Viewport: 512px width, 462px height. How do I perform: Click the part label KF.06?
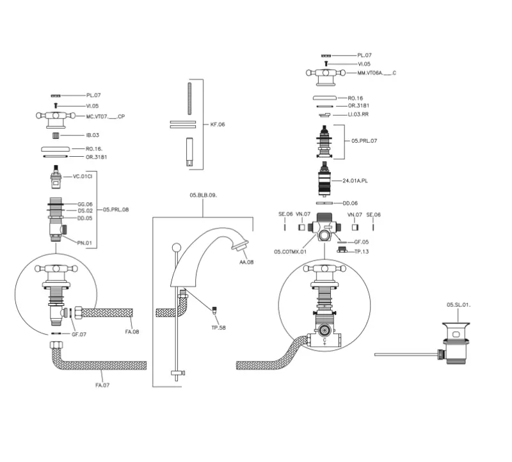(218, 124)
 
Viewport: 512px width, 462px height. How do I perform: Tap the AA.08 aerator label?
(246, 262)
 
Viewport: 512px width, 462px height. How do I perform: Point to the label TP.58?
(218, 328)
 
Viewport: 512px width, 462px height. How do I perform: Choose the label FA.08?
(132, 332)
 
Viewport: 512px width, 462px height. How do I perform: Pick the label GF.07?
(79, 334)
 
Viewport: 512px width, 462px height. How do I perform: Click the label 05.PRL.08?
(116, 209)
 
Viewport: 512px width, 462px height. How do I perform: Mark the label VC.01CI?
(83, 176)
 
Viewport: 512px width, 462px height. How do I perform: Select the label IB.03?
(93, 136)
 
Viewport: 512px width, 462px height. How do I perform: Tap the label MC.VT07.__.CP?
(106, 117)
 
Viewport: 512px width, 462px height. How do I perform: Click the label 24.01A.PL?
(355, 181)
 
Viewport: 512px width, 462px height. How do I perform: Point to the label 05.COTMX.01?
(291, 251)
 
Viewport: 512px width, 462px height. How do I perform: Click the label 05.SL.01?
(458, 305)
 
